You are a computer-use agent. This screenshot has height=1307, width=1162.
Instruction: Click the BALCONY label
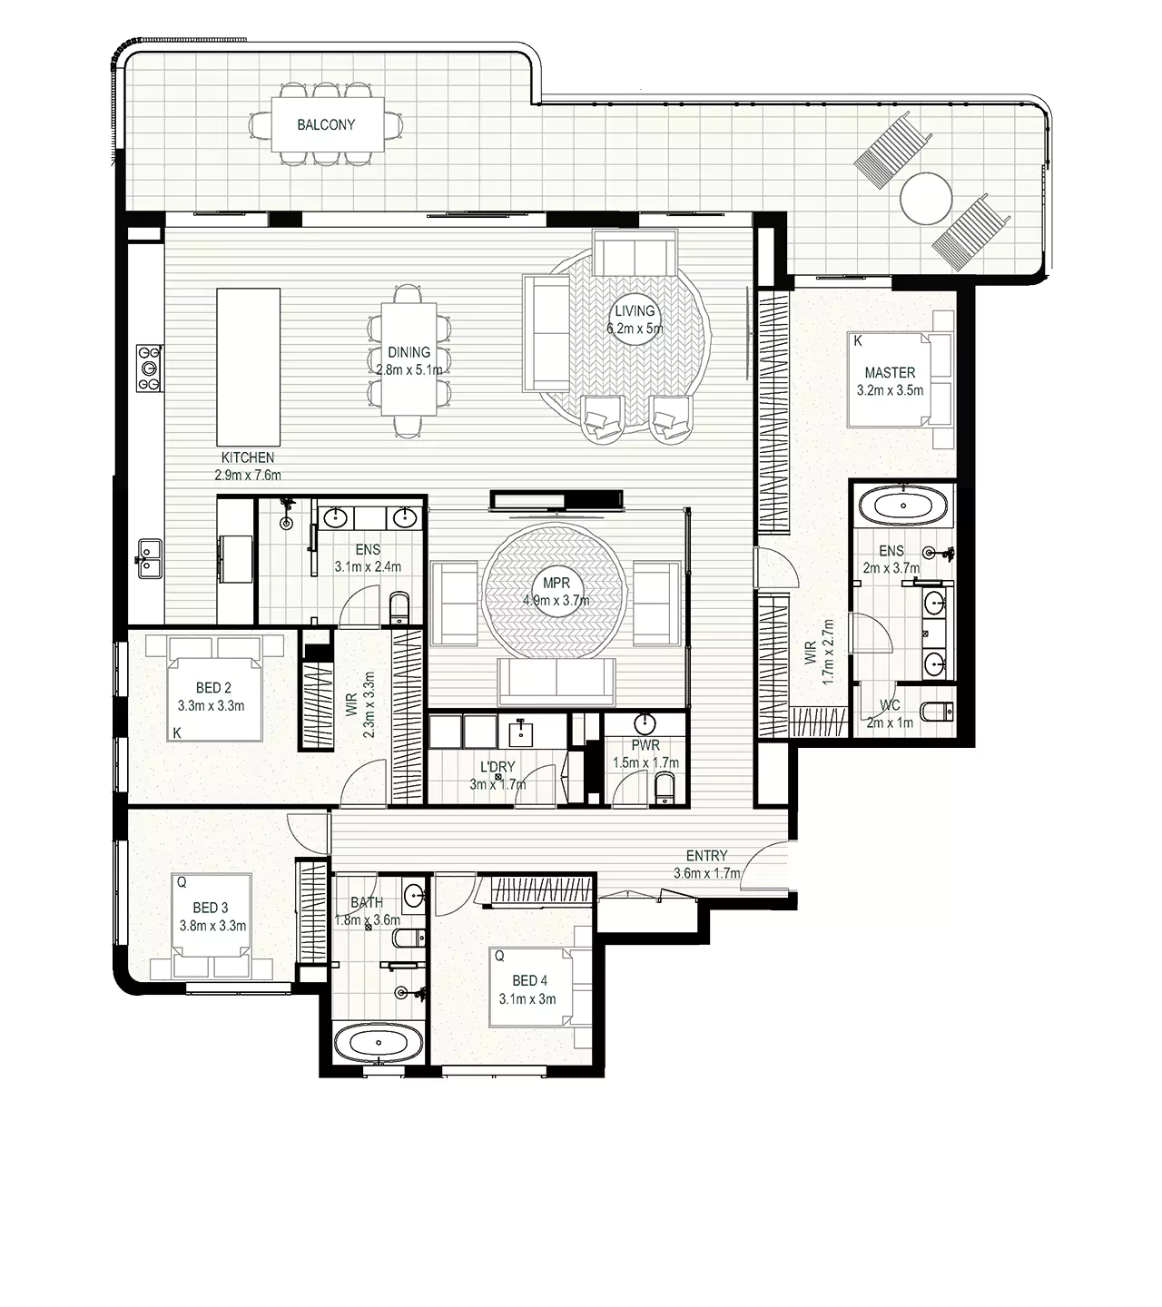pyautogui.click(x=326, y=124)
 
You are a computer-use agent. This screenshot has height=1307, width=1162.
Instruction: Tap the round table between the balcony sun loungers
pyautogui.click(x=926, y=198)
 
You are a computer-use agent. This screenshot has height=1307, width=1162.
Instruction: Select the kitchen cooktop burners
pyautogui.click(x=149, y=368)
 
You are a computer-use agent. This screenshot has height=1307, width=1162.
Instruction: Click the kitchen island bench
pyautogui.click(x=249, y=367)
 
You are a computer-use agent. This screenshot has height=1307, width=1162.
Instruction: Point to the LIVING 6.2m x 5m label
pyautogui.click(x=635, y=319)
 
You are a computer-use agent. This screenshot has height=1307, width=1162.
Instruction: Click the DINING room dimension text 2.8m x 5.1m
pyautogui.click(x=409, y=370)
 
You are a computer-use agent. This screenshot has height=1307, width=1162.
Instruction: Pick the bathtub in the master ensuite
pyautogui.click(x=903, y=506)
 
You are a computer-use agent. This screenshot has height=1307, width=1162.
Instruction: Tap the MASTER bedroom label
pyautogui.click(x=890, y=373)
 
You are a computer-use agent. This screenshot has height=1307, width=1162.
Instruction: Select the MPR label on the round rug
pyautogui.click(x=556, y=584)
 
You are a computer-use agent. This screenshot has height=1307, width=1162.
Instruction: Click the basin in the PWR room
pyautogui.click(x=645, y=722)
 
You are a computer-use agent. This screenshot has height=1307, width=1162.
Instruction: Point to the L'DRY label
pyautogui.click(x=497, y=767)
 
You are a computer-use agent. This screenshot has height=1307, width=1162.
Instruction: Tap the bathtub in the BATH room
pyautogui.click(x=379, y=1043)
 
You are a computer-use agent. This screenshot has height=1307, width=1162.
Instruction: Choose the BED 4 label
pyautogui.click(x=529, y=980)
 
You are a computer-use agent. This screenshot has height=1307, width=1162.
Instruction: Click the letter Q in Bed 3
pyautogui.click(x=182, y=882)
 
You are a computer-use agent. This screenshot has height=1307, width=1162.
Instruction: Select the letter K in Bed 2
pyautogui.click(x=176, y=732)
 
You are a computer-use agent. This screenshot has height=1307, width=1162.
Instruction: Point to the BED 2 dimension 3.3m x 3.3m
pyautogui.click(x=211, y=706)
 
